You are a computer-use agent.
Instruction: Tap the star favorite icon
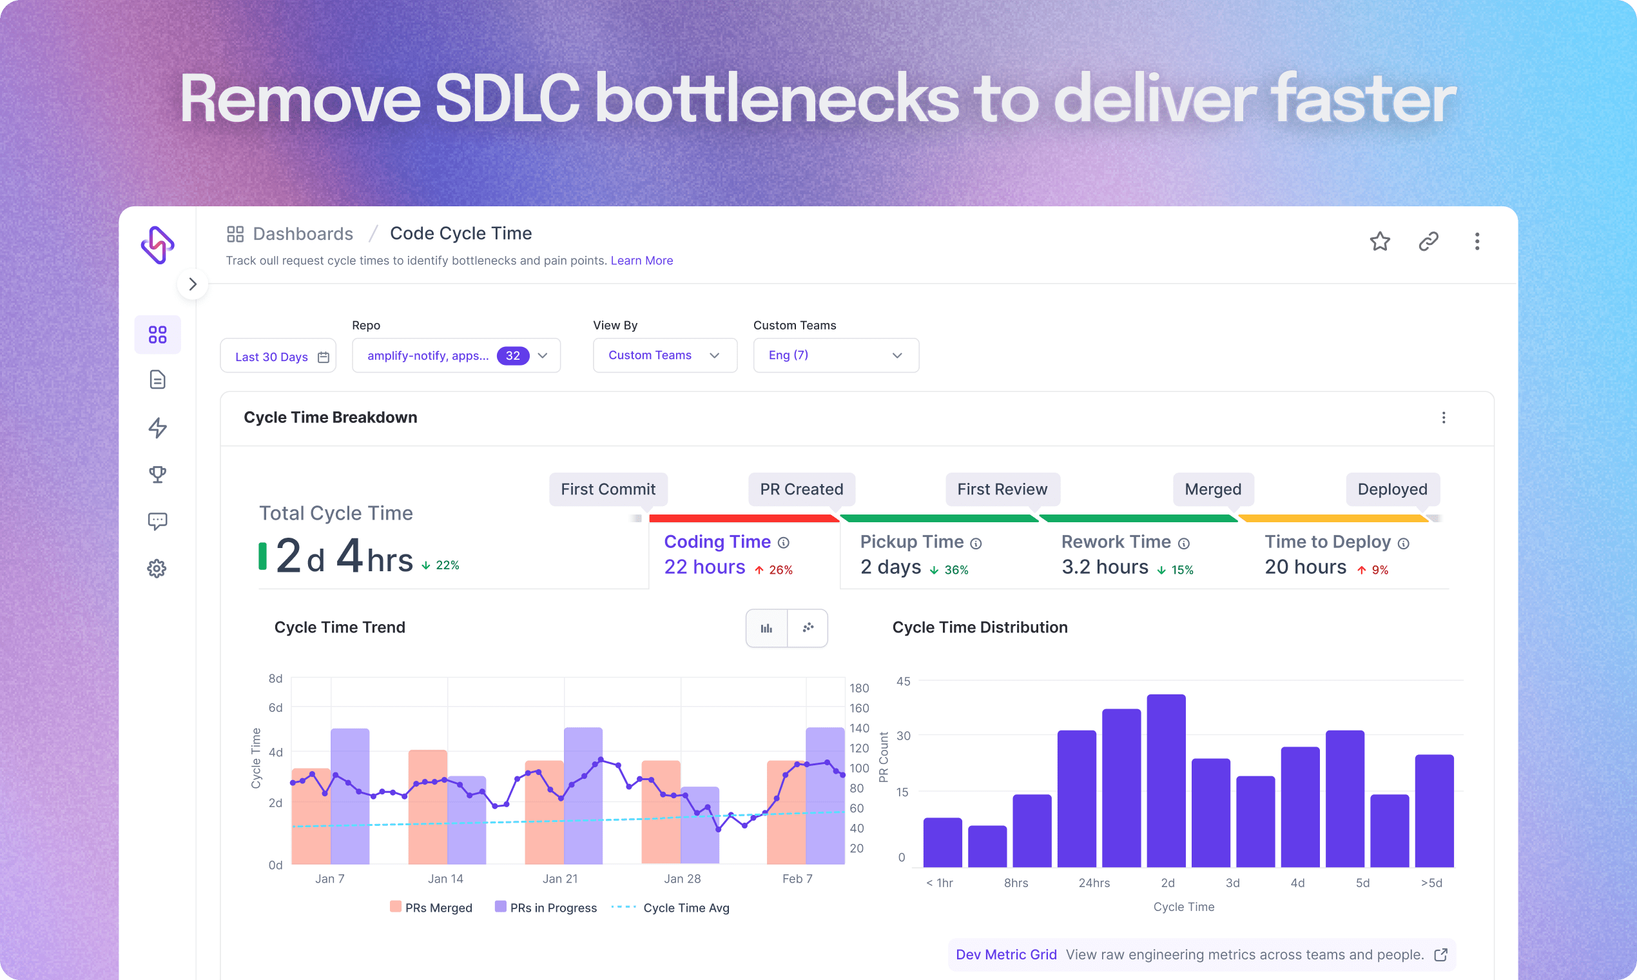(1380, 242)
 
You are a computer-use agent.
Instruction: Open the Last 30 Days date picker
(278, 357)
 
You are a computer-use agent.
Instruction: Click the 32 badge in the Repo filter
(512, 356)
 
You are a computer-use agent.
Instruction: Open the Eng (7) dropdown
(835, 355)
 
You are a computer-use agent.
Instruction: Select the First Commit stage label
(607, 489)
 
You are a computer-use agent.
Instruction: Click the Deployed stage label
(1392, 489)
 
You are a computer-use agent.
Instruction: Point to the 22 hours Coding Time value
(704, 567)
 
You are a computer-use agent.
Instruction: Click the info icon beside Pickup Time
(976, 544)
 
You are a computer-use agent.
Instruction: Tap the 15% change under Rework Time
(1181, 570)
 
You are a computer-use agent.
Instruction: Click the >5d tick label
(1431, 883)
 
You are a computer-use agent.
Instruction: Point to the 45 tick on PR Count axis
(903, 681)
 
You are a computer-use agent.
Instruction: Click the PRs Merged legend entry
(431, 908)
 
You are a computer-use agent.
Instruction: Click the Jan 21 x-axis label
(560, 879)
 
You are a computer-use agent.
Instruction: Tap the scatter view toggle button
(808, 628)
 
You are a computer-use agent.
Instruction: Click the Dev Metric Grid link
(1005, 954)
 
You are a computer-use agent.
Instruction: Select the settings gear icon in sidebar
(157, 569)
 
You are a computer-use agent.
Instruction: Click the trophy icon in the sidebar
(157, 474)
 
